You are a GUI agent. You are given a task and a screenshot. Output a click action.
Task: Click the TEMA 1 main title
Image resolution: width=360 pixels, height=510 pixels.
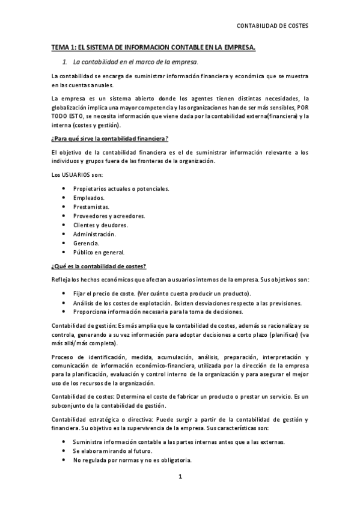[x=153, y=46]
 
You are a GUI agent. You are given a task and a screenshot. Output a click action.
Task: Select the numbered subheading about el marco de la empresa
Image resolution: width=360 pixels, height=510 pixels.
[x=135, y=62]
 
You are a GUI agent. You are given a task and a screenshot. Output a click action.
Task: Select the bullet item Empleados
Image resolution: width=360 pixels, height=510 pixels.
[x=89, y=197]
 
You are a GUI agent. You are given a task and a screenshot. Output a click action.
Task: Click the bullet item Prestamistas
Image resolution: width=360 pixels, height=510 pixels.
[x=92, y=206]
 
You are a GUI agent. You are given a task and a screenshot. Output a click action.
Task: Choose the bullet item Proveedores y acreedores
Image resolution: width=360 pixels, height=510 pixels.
[x=109, y=215]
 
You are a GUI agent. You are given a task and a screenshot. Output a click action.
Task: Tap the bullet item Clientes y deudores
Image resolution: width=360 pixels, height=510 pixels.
[x=101, y=224]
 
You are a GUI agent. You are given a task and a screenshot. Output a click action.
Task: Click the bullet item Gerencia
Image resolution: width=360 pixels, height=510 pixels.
[x=86, y=243]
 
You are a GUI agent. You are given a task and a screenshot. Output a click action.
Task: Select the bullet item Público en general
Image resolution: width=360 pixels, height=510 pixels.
[x=99, y=252]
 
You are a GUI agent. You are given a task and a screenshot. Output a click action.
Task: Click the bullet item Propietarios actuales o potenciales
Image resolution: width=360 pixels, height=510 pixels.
[x=121, y=188]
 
